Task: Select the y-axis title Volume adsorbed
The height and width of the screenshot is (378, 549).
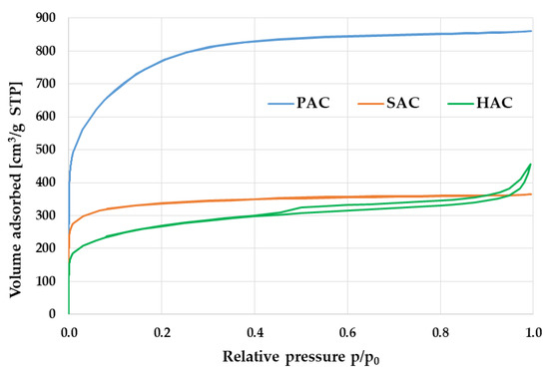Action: click(15, 166)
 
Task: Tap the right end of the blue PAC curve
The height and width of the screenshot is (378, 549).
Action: click(531, 31)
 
